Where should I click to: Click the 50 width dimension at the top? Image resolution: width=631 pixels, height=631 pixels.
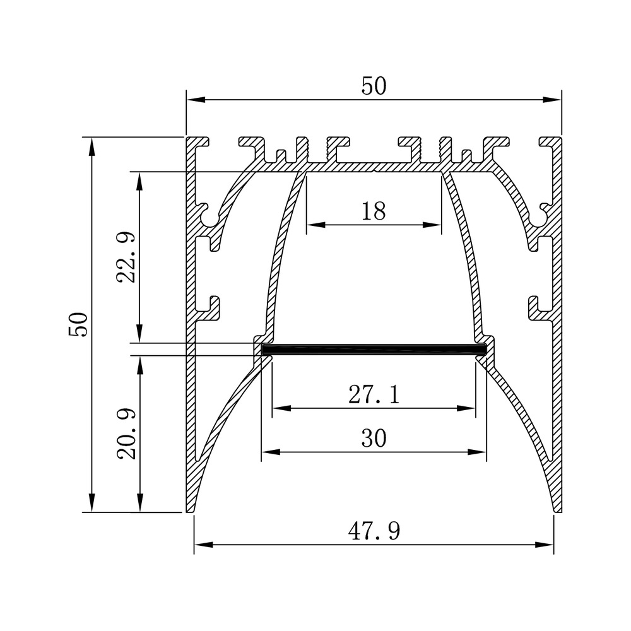pos(374,86)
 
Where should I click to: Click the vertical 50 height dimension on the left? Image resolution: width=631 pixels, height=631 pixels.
pos(78,324)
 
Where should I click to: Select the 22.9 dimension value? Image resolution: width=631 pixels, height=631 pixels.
pos(127,257)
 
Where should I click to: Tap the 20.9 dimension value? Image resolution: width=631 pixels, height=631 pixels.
pos(127,434)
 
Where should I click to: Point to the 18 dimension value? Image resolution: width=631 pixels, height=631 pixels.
pos(374,211)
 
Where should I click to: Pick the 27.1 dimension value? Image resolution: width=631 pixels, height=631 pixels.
pos(374,394)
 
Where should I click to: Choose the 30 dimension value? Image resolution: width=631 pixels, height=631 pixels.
pos(374,439)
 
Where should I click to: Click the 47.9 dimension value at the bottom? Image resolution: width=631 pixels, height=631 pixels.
pos(374,531)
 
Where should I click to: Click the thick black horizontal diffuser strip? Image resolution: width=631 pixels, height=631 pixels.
pos(374,350)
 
